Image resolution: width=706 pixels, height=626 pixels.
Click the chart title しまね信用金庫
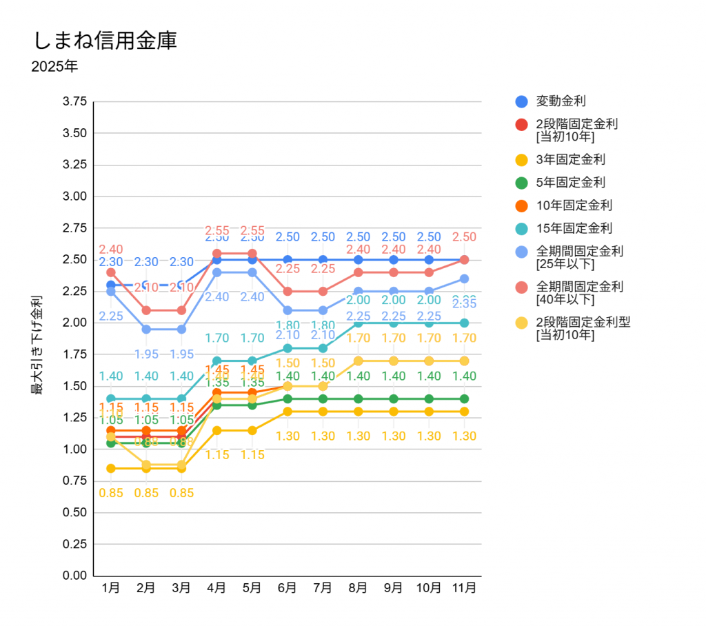point(105,40)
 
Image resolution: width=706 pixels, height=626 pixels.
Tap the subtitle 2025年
point(54,67)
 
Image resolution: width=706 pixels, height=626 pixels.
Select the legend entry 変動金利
point(561,101)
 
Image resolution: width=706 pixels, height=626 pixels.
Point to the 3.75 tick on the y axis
point(74,101)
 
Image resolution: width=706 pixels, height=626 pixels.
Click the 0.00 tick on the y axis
point(74,576)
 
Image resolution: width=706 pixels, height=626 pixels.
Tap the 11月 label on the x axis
point(464,588)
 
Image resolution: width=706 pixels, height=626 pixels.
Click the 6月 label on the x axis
point(287,588)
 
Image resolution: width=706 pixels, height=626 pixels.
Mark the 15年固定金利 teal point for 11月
point(464,323)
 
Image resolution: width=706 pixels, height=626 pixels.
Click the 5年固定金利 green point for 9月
point(393,398)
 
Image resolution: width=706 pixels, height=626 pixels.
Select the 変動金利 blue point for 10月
point(429,260)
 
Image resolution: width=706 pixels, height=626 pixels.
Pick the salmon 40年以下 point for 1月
point(110,272)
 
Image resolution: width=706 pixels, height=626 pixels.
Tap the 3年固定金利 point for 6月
point(287,412)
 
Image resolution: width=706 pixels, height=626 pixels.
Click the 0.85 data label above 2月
point(145,493)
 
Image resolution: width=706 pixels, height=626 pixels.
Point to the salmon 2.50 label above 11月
point(464,237)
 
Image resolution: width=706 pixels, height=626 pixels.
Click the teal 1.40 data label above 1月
point(110,376)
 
